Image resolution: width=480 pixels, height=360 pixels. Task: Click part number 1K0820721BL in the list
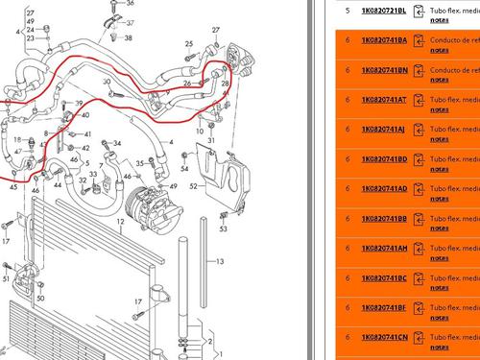click(x=383, y=10)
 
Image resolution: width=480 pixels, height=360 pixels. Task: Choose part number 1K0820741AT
click(x=384, y=99)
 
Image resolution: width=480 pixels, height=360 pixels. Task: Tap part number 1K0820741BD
click(x=384, y=158)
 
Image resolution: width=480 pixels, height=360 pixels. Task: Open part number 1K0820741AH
click(x=384, y=248)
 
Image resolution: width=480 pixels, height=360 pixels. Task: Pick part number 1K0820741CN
click(x=384, y=337)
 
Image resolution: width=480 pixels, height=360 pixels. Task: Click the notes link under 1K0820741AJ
click(x=439, y=138)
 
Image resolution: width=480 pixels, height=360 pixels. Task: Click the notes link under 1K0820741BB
click(x=439, y=228)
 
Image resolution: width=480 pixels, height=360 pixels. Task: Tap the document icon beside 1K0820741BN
click(x=419, y=70)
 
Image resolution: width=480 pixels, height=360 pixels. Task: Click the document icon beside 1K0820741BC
click(x=419, y=278)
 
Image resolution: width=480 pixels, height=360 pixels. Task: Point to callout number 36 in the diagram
click(x=131, y=5)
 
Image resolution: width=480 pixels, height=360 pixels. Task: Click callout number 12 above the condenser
click(x=121, y=221)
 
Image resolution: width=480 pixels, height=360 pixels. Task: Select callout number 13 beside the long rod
click(x=220, y=261)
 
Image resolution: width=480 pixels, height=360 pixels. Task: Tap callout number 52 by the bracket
click(x=195, y=185)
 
